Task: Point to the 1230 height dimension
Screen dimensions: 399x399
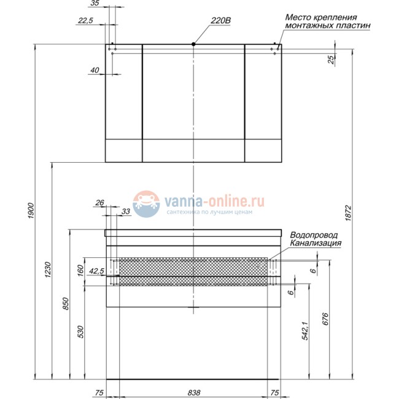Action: pos(48,269)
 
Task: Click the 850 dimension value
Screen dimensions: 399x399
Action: pos(65,304)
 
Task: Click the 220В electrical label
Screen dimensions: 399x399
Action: pos(220,20)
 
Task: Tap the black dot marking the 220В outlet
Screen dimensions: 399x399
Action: pos(193,44)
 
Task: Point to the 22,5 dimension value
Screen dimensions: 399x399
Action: pos(85,21)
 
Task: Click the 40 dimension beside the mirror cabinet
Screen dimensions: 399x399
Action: pos(95,70)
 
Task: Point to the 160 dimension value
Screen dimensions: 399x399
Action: pos(81,271)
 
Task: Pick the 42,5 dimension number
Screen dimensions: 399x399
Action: pos(96,271)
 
